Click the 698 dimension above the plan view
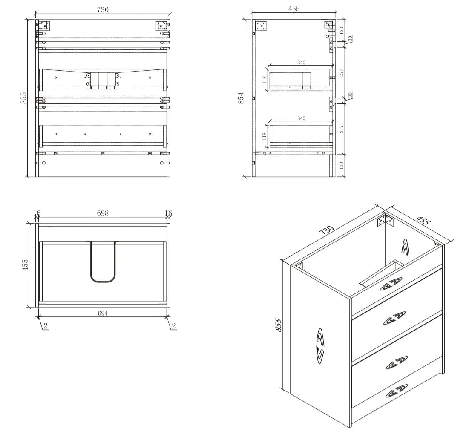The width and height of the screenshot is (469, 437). coord(103,213)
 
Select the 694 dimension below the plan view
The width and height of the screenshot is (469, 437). coord(103,313)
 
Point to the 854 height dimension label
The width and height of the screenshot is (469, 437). coord(241,98)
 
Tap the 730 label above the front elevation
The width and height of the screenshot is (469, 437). coord(103,9)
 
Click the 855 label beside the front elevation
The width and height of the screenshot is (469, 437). coord(23,98)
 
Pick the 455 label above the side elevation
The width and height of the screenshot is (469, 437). coord(294,9)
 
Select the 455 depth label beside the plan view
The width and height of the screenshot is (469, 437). coord(25,265)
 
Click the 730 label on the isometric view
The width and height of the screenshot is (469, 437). coord(327,230)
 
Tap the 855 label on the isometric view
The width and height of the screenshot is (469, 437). coord(278,325)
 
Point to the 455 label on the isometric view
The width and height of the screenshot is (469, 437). coord(423,220)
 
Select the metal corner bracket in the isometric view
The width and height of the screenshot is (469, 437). coord(386,220)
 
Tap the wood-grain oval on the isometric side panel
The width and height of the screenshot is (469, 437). coord(320,346)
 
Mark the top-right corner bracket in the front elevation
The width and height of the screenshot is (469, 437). coord(161,26)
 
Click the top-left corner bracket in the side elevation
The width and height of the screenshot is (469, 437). coord(262,26)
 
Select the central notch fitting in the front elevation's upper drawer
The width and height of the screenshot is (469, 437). coord(103,80)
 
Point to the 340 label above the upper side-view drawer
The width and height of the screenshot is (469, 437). coord(301,63)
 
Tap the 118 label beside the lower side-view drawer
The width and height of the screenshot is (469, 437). coord(264,136)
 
